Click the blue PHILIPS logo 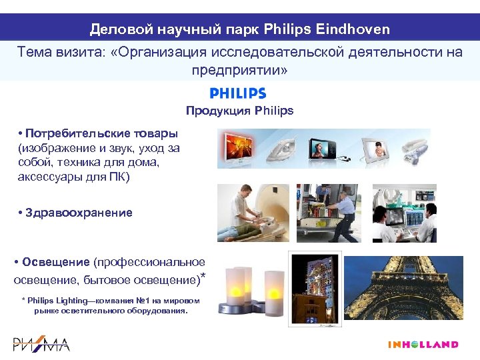[238, 94]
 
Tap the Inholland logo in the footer [423, 345]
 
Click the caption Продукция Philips [239, 111]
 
